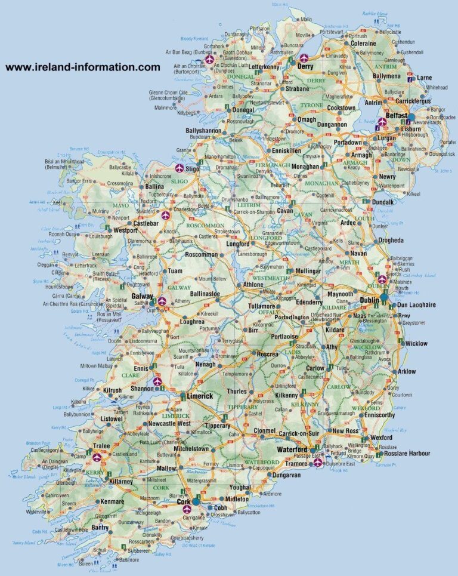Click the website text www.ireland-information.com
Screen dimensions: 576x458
pyautogui.click(x=83, y=67)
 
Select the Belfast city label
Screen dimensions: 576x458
pyautogui.click(x=397, y=115)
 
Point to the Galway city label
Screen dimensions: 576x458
pyautogui.click(x=143, y=297)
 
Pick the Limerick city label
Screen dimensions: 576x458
pyautogui.click(x=199, y=396)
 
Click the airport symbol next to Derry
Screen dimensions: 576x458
pyautogui.click(x=304, y=58)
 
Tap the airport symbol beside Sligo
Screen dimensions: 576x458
pyautogui.click(x=180, y=169)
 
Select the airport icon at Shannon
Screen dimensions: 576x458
pyautogui.click(x=157, y=381)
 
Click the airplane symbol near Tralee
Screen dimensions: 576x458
pyautogui.click(x=97, y=457)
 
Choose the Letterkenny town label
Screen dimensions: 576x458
pyautogui.click(x=263, y=67)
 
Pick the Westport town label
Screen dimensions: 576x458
pyautogui.click(x=126, y=230)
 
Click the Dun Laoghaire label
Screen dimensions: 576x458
pyautogui.click(x=416, y=304)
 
